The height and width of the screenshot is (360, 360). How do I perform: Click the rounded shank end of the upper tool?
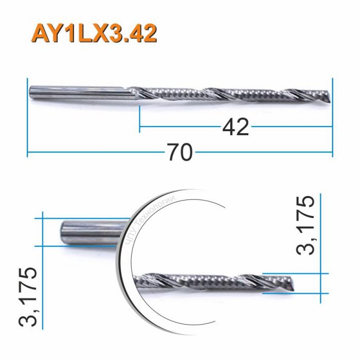(x=31, y=92)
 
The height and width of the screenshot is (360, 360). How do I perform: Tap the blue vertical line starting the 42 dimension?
(x=140, y=118)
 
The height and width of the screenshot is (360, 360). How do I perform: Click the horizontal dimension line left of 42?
(x=180, y=125)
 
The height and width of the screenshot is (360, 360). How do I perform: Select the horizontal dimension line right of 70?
(x=262, y=152)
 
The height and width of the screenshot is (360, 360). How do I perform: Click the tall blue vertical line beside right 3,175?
(x=320, y=247)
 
